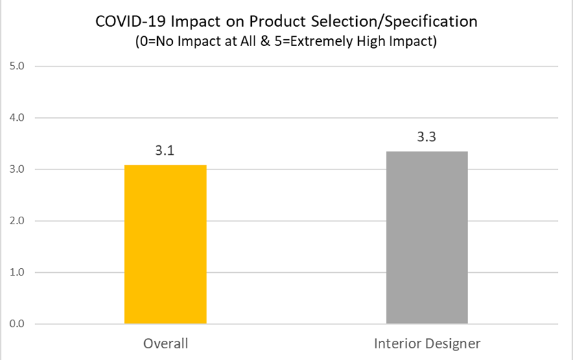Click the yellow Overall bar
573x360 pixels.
point(165,244)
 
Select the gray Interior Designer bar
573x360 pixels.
point(427,237)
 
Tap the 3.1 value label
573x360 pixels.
point(165,150)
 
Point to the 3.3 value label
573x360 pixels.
point(426,137)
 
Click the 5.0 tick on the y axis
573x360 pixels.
point(16,66)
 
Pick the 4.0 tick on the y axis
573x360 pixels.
point(16,117)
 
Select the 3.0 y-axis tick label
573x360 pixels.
point(16,169)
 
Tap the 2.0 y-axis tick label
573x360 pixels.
point(16,221)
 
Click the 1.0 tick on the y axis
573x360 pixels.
point(16,272)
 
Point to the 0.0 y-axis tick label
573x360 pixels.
point(16,324)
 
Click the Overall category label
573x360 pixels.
point(165,344)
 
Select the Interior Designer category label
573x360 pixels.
point(428,344)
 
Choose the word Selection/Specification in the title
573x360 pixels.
point(395,22)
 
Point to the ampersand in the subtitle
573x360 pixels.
point(266,41)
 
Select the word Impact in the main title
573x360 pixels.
point(196,22)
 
